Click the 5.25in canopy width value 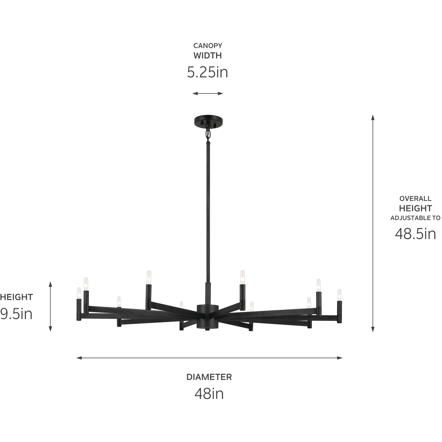tap(208, 72)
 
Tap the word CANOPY tap(208, 46)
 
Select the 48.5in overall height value tap(415, 233)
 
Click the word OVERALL tap(415, 199)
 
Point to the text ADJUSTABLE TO tap(415, 218)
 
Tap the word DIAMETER tap(209, 377)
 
